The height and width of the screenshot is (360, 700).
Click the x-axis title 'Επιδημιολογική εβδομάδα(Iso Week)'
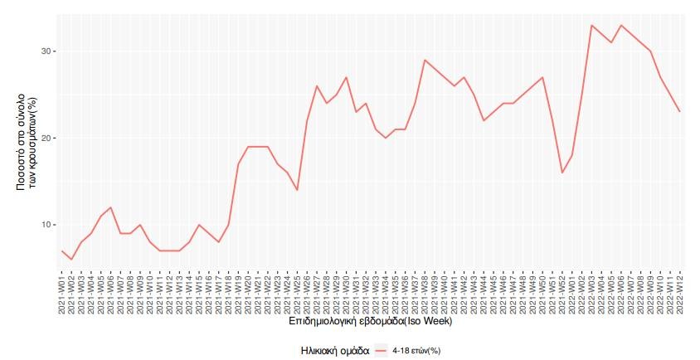tap(370, 320)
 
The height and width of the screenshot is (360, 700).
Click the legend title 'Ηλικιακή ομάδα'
tap(335, 351)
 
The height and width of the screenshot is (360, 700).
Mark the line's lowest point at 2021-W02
tap(71, 260)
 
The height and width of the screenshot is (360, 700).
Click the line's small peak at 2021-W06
tap(111, 207)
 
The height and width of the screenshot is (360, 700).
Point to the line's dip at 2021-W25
tap(297, 190)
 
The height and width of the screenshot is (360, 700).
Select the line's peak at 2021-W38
tap(425, 60)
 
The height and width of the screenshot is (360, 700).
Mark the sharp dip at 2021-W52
tap(561, 173)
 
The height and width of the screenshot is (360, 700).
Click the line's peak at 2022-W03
tap(591, 25)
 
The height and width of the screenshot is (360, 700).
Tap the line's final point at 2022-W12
tap(679, 112)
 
